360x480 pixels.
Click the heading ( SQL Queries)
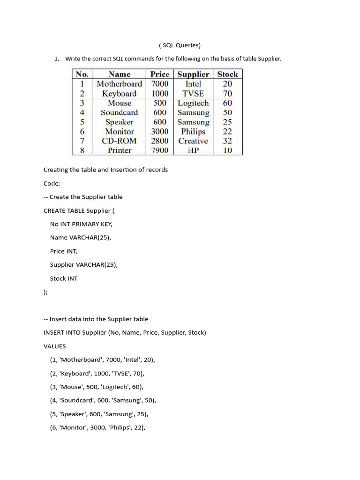180,45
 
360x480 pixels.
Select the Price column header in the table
160,74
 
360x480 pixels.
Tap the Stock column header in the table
227,74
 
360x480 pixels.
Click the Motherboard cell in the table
119,84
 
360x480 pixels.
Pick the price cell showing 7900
160,150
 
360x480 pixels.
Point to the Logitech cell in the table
193,103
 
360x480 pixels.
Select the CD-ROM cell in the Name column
119,141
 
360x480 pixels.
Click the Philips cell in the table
193,132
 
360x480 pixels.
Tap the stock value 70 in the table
227,94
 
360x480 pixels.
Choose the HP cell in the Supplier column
193,150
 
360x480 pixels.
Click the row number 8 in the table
82,150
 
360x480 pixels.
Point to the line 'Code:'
52,183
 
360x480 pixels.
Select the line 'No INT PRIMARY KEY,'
81,224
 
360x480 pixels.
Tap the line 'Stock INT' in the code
64,278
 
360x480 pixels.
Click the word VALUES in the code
55,346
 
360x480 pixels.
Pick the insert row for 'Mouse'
97,387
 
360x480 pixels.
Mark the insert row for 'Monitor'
98,428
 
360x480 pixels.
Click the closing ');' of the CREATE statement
45,292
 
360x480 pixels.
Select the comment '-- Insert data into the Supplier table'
96,319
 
